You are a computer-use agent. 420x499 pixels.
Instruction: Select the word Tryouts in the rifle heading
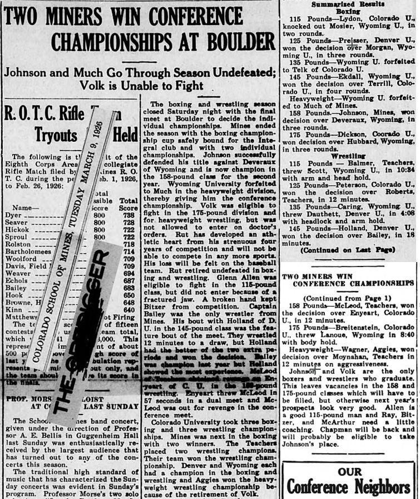coord(56,133)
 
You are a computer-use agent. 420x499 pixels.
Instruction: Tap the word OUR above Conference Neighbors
coord(350,472)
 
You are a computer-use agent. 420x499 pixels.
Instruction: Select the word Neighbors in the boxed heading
coord(381,488)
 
